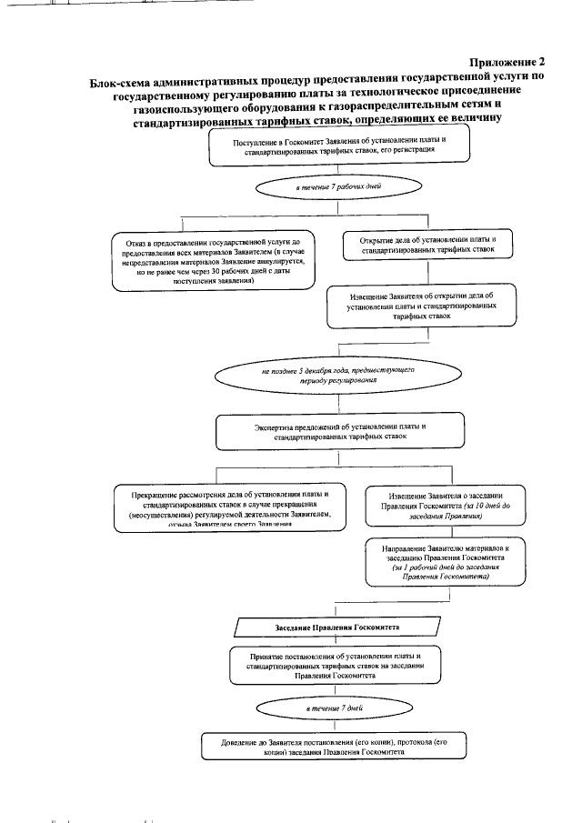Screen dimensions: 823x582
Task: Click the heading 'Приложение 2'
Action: click(x=507, y=62)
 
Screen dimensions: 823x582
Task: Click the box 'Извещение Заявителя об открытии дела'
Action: click(x=422, y=306)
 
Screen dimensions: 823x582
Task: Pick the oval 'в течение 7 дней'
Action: click(x=336, y=707)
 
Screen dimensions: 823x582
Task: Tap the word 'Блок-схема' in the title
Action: click(x=120, y=78)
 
